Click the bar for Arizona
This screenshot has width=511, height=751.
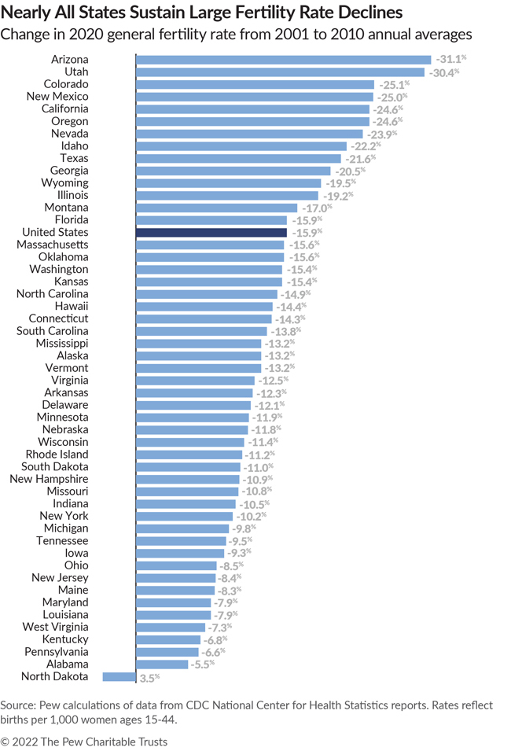tap(283, 59)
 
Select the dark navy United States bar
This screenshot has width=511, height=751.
tap(211, 233)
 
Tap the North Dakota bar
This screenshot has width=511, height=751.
tap(119, 676)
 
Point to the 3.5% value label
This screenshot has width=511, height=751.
tap(149, 677)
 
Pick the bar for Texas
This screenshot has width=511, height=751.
tap(238, 158)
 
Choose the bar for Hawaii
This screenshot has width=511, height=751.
tap(204, 306)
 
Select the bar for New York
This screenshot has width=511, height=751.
tap(185, 516)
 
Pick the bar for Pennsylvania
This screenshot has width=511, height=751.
tap(167, 652)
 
